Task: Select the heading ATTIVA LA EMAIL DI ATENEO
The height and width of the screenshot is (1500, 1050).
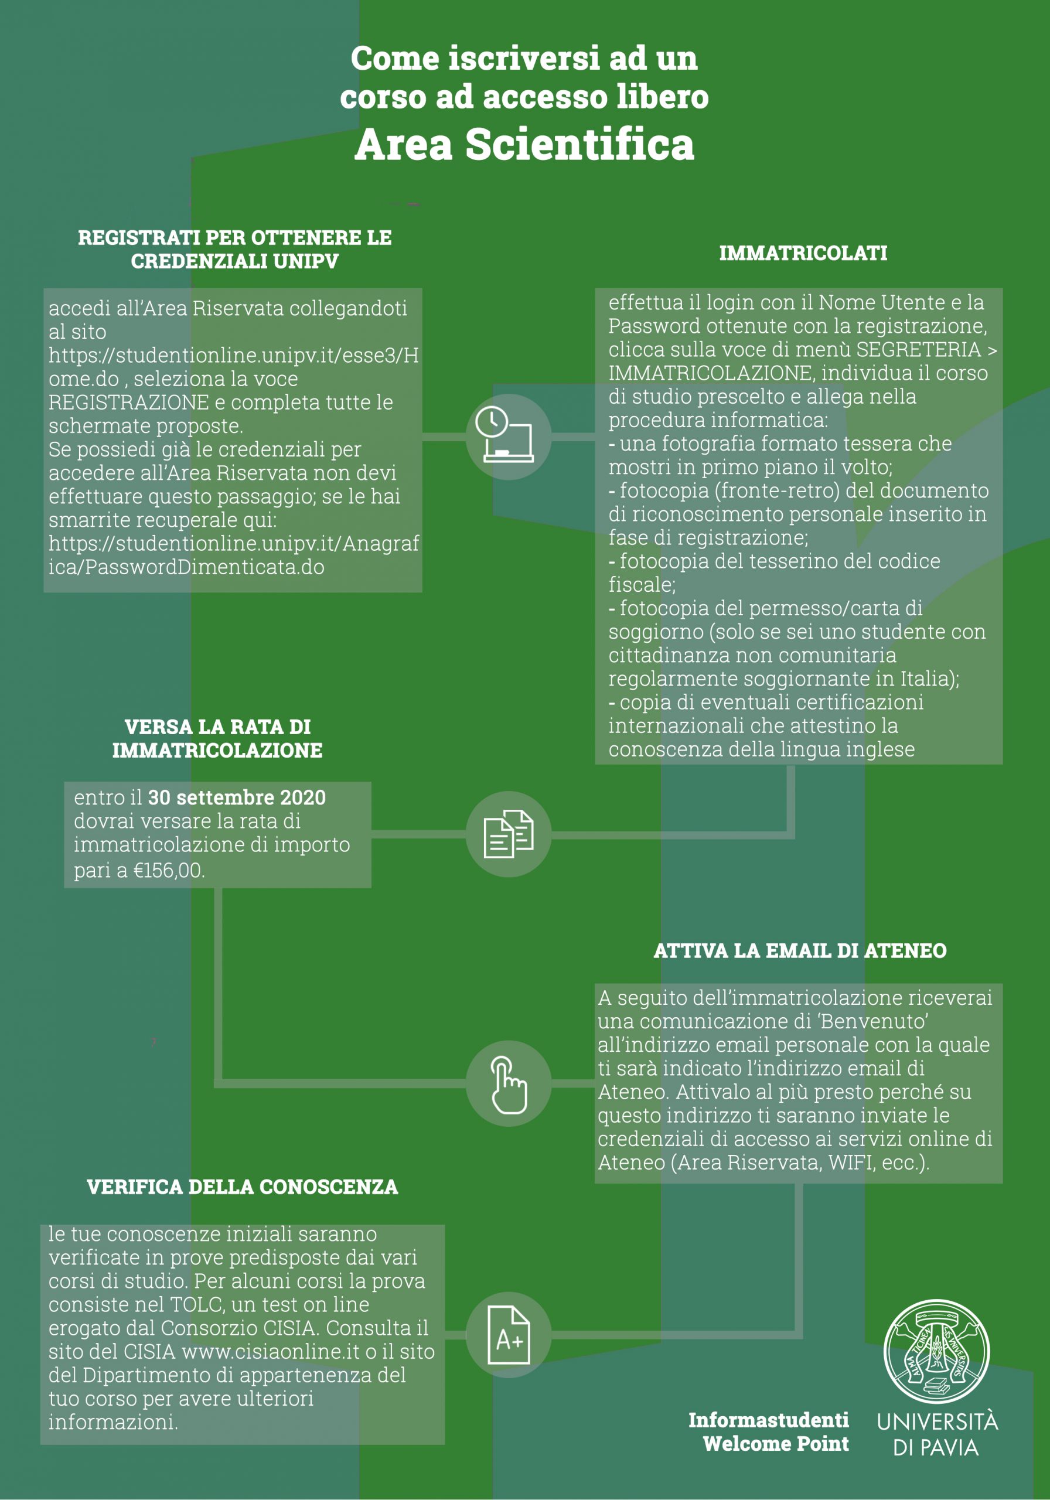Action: pyautogui.click(x=800, y=950)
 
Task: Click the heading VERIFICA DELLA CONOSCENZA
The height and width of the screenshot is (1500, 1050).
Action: pyautogui.click(x=243, y=1187)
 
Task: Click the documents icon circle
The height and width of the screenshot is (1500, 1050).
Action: pyautogui.click(x=509, y=834)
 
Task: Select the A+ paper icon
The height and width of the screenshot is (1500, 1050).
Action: pyautogui.click(x=509, y=1335)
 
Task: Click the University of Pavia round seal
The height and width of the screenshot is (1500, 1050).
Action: pyautogui.click(x=936, y=1352)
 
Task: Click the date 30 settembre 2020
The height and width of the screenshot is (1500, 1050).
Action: pyautogui.click(x=237, y=797)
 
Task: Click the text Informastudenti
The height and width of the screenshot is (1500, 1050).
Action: pyautogui.click(x=768, y=1420)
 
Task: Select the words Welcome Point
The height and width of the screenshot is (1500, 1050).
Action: pyautogui.click(x=776, y=1444)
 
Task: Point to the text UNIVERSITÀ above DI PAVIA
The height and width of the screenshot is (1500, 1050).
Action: pyautogui.click(x=937, y=1422)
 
